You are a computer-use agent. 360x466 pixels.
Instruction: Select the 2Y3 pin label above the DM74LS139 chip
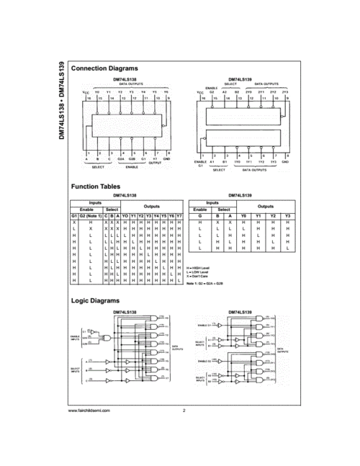[285, 92]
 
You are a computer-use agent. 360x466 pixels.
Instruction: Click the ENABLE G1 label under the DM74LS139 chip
[201, 164]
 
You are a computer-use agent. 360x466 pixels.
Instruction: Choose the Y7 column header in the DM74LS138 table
[179, 216]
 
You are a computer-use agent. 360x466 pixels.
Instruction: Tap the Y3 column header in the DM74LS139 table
[289, 216]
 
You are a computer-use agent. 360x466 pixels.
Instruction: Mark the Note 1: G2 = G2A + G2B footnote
[208, 284]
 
